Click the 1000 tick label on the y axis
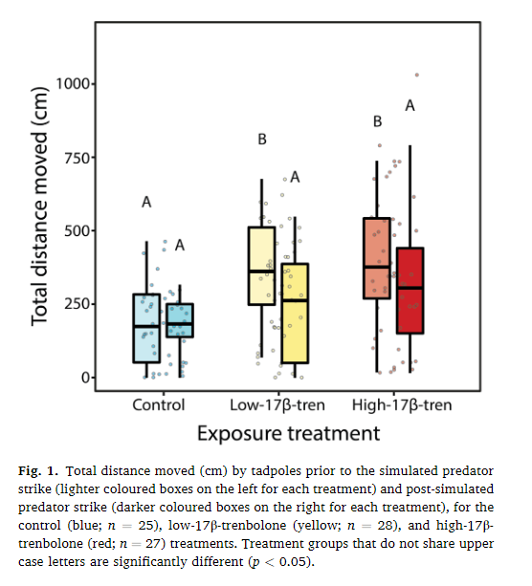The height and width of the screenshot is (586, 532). click(72, 84)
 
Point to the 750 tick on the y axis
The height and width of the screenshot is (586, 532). click(76, 158)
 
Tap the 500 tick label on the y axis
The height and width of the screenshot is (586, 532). click(76, 230)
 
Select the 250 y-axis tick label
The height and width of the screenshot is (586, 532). click(76, 304)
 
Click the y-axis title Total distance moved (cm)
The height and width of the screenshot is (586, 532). click(40, 214)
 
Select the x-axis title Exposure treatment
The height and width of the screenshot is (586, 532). click(288, 433)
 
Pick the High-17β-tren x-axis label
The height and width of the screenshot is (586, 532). click(402, 404)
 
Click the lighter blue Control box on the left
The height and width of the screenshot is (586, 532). click(146, 328)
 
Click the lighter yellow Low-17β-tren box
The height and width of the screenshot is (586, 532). click(262, 266)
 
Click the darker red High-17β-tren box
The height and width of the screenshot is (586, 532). click(410, 291)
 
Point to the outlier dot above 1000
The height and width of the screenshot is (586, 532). click(416, 75)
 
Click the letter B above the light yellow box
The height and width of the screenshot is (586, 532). click(262, 141)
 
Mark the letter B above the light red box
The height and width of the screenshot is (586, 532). click(377, 121)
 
